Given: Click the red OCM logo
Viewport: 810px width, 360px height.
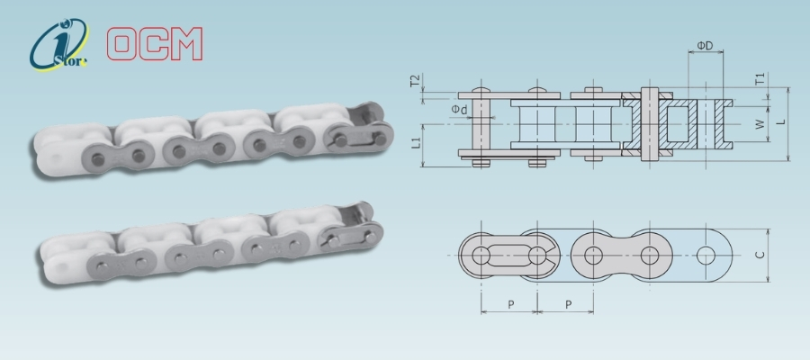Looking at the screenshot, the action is tap(155, 44).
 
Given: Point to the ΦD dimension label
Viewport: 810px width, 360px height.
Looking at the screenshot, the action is tap(705, 46).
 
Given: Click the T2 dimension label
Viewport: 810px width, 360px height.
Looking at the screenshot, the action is tap(414, 81).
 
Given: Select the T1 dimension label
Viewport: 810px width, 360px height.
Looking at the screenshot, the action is tap(760, 79).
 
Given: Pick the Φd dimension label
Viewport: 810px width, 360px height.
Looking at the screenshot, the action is tap(459, 110).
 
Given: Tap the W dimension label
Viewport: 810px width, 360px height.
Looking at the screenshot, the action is tap(760, 124).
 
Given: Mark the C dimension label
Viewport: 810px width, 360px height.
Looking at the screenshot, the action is tap(760, 256).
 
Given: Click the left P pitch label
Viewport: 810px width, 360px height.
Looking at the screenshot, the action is tap(510, 304).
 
